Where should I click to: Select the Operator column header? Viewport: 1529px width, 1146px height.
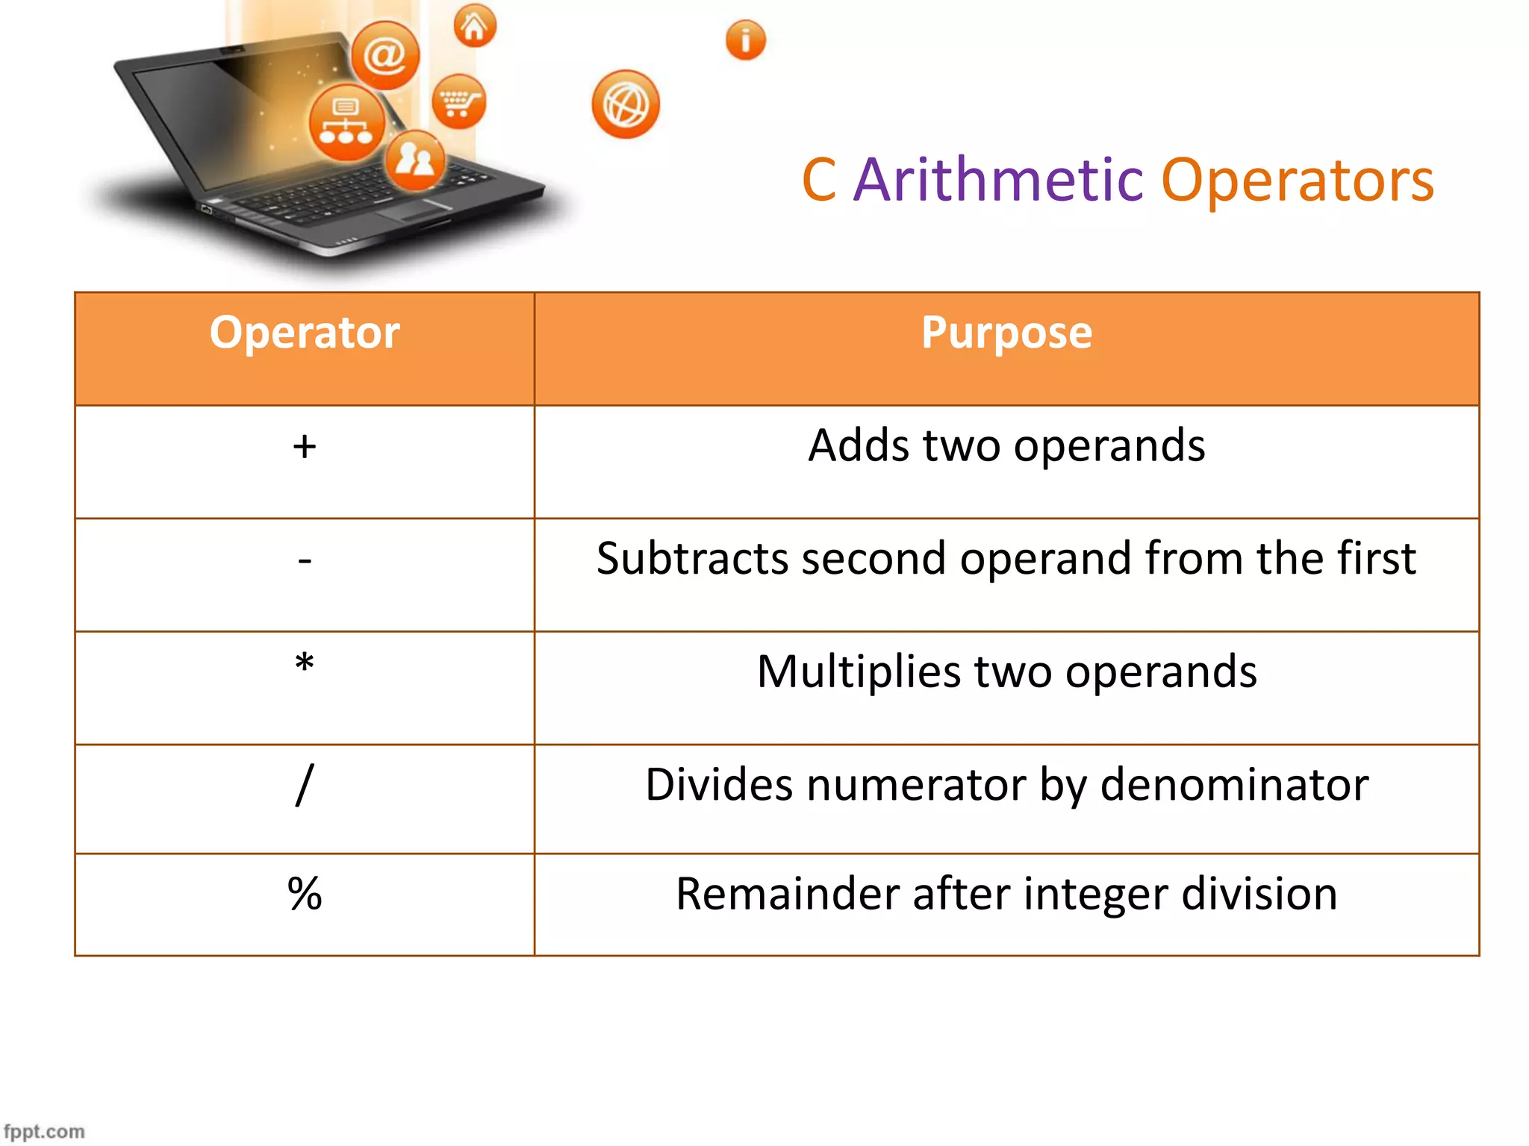pyautogui.click(x=305, y=333)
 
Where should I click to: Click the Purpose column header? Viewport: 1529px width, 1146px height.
pyautogui.click(x=1006, y=333)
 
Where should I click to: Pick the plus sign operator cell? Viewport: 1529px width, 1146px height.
pyautogui.click(x=305, y=447)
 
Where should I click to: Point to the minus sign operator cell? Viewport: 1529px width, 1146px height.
pyautogui.click(x=305, y=560)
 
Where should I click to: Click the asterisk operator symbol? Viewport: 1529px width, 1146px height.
pyautogui.click(x=305, y=663)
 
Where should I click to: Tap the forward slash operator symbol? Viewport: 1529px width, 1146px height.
pyautogui.click(x=305, y=784)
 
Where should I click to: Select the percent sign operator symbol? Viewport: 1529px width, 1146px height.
pyautogui.click(x=305, y=894)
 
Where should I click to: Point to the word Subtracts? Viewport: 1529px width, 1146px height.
pyautogui.click(x=691, y=559)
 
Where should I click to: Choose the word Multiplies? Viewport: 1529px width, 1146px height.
pyautogui.click(x=859, y=671)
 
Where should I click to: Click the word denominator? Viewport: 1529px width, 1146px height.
pyautogui.click(x=1234, y=785)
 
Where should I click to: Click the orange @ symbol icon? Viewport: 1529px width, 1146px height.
pyautogui.click(x=385, y=54)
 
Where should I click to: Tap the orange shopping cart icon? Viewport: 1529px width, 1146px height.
pyautogui.click(x=458, y=101)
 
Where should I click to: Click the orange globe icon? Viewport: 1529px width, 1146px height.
pyautogui.click(x=626, y=104)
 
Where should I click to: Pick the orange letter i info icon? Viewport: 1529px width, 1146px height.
pyautogui.click(x=745, y=40)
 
